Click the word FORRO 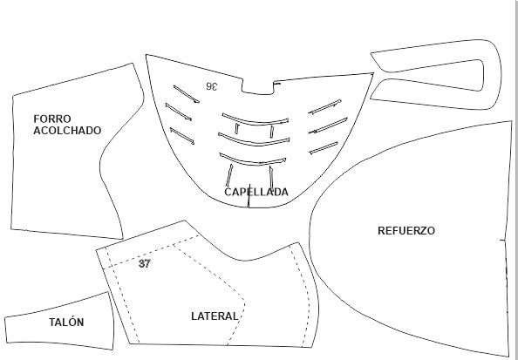52,119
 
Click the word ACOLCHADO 67,131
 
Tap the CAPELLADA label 256,193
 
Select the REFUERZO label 406,231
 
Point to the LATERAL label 215,316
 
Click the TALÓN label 66,323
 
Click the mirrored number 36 212,86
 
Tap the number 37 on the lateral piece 145,263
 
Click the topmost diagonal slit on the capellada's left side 187,94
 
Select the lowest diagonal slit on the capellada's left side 182,136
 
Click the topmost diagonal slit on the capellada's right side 324,106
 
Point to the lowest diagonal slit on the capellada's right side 324,148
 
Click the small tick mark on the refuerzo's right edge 502,240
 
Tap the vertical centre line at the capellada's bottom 249,196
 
